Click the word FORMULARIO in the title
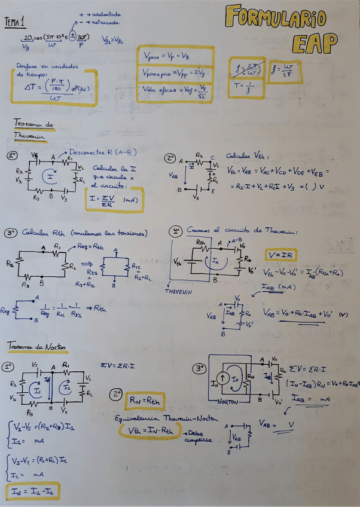(x=283, y=19)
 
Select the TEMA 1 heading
(x=15, y=23)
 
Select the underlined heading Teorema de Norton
(x=34, y=347)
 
